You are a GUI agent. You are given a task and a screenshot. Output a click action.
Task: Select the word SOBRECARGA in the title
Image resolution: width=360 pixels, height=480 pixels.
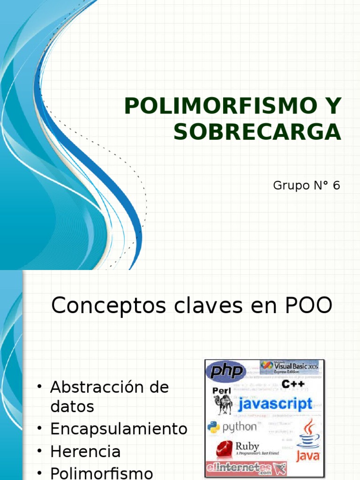pyautogui.click(x=257, y=132)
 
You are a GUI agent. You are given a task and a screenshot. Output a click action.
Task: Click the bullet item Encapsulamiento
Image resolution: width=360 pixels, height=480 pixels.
pyautogui.click(x=119, y=429)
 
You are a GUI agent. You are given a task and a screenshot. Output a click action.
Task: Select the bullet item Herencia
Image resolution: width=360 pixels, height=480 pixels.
pyautogui.click(x=85, y=451)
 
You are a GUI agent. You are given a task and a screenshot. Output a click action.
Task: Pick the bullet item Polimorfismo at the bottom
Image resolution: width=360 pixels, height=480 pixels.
pyautogui.click(x=101, y=472)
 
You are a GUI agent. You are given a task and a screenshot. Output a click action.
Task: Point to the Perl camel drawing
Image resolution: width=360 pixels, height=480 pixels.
pyautogui.click(x=223, y=404)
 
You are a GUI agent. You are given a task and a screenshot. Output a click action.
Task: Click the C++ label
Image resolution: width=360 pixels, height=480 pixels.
pyautogui.click(x=291, y=384)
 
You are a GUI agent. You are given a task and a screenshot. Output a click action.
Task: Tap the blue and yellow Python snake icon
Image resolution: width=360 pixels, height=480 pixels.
pyautogui.click(x=214, y=427)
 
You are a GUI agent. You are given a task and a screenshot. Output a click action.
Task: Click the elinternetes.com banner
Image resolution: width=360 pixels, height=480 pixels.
pyautogui.click(x=246, y=468)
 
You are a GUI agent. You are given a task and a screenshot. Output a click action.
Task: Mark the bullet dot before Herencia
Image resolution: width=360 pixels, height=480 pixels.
pyautogui.click(x=40, y=451)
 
